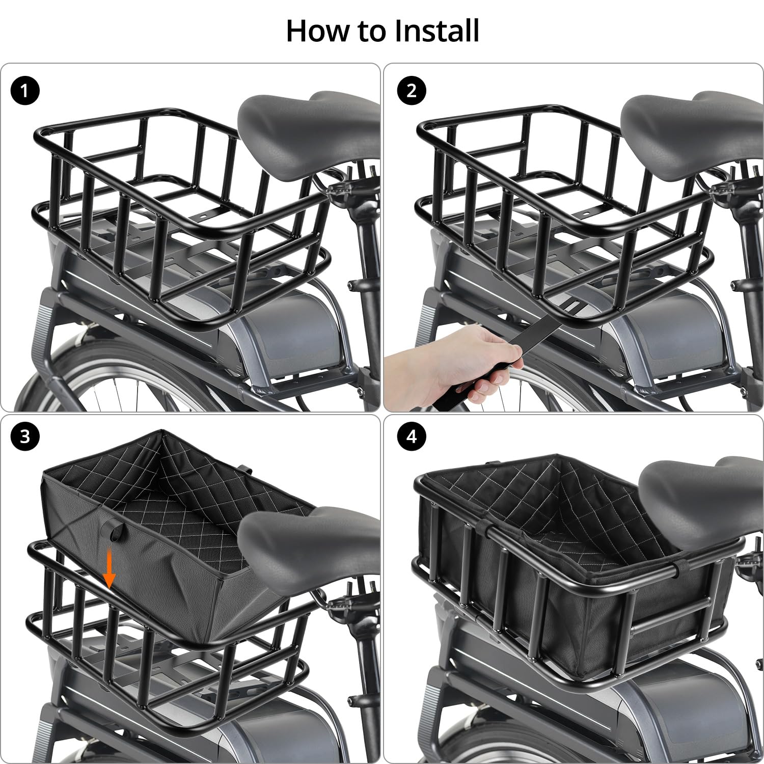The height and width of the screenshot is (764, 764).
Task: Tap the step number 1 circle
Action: pos(24,91)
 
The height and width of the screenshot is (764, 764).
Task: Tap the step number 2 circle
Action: pos(412,91)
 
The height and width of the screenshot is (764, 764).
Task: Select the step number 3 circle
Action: pos(24,437)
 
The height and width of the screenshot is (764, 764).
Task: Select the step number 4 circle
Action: pos(412,437)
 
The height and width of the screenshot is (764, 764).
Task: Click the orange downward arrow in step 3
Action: pos(110,571)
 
